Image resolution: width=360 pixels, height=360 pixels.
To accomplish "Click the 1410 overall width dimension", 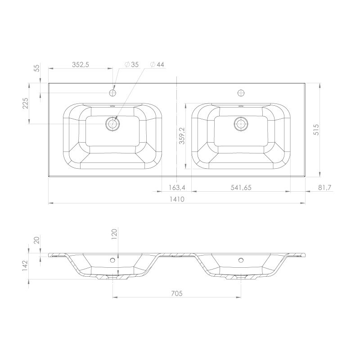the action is [x=177, y=199].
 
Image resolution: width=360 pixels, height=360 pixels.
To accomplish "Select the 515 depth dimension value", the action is [x=316, y=130].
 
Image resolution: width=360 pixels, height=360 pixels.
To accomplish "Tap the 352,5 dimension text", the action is [x=81, y=65].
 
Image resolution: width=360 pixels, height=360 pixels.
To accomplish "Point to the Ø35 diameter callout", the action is [x=131, y=64].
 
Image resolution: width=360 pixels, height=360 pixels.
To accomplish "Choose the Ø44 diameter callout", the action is [x=157, y=64].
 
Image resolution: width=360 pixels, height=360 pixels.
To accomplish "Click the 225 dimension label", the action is [x=25, y=103].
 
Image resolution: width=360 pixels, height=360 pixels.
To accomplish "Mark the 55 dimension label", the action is [x=37, y=68].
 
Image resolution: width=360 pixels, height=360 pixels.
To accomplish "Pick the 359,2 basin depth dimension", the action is [x=182, y=136].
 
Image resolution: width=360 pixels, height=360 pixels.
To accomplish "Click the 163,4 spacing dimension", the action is [x=177, y=188].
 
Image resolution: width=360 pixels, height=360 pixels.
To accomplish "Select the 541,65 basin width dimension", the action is [x=241, y=188].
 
